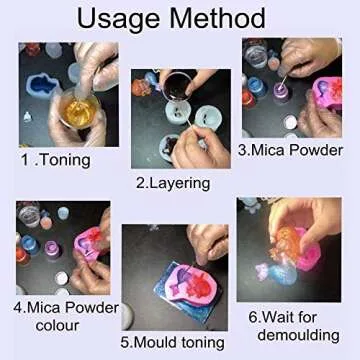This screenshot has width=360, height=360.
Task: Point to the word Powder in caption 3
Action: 318,151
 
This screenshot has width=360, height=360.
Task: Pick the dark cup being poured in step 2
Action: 176,83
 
